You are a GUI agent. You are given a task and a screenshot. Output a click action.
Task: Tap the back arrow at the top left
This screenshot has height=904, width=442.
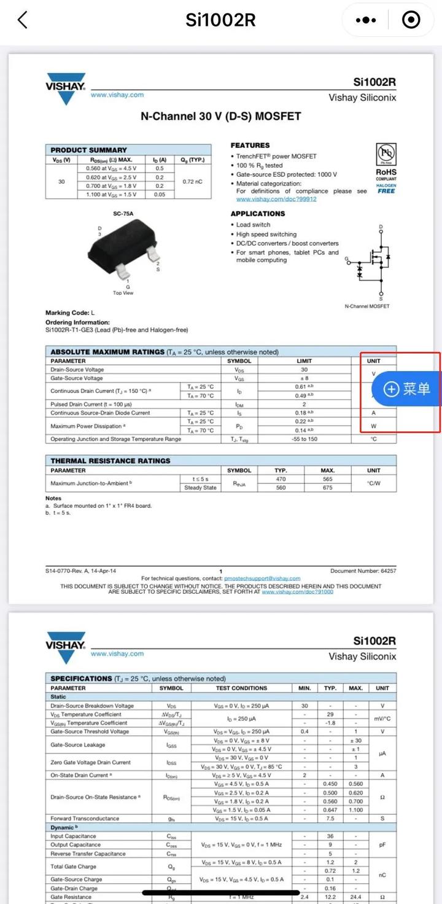tap(23, 20)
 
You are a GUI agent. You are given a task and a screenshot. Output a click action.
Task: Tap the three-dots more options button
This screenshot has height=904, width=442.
tap(366, 20)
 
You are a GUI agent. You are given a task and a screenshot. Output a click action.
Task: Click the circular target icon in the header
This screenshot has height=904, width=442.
tap(411, 20)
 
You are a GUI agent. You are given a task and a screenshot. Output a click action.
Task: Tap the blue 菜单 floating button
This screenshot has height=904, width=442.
tap(408, 388)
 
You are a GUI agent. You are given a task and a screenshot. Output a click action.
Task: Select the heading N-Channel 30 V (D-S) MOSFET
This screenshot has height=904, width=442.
tap(221, 116)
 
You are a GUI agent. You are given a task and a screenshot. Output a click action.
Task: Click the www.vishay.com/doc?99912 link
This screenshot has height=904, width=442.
tap(276, 199)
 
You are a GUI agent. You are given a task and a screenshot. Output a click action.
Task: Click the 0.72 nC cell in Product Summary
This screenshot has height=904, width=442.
tap(193, 182)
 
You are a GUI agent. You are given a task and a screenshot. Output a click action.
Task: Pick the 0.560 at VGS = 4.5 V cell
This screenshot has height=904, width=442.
tap(111, 168)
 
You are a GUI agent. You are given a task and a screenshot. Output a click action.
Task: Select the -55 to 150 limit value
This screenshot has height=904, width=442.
tap(304, 439)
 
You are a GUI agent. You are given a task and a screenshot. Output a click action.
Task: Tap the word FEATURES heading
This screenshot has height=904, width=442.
tap(250, 146)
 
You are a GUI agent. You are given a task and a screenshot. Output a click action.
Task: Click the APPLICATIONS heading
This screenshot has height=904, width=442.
tap(258, 214)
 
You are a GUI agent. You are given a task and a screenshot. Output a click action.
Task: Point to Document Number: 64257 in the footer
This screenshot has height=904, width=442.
tap(363, 571)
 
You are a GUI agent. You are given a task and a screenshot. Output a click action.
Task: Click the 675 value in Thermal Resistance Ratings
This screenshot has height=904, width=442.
tap(327, 488)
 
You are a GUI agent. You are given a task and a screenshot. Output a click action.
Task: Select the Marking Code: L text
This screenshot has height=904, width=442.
tap(70, 313)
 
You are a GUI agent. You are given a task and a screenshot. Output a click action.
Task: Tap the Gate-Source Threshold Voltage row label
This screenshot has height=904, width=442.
tap(90, 731)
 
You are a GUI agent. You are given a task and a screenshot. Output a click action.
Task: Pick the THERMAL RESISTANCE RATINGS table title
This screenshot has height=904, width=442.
tap(110, 461)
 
